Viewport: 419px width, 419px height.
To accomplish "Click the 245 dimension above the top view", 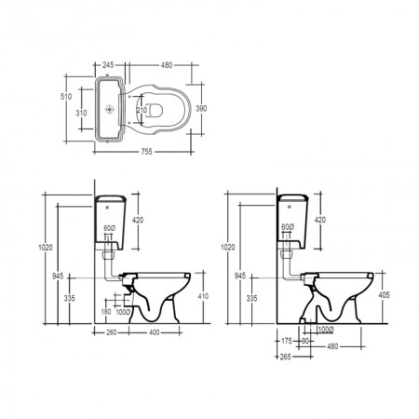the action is click(108, 65).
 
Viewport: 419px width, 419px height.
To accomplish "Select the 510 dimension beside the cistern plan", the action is click(66, 97).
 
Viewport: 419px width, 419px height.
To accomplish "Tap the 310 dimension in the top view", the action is click(81, 114).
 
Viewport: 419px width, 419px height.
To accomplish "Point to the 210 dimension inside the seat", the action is click(142, 110).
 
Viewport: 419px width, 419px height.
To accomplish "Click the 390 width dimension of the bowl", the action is click(201, 109).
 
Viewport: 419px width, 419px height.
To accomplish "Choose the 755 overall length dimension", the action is click(147, 152).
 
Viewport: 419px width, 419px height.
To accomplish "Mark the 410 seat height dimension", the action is click(203, 296).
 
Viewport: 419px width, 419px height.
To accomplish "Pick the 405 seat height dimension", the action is click(384, 295).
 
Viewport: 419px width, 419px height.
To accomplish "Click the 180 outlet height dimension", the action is click(106, 311).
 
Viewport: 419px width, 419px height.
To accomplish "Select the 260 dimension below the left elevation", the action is click(112, 332).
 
